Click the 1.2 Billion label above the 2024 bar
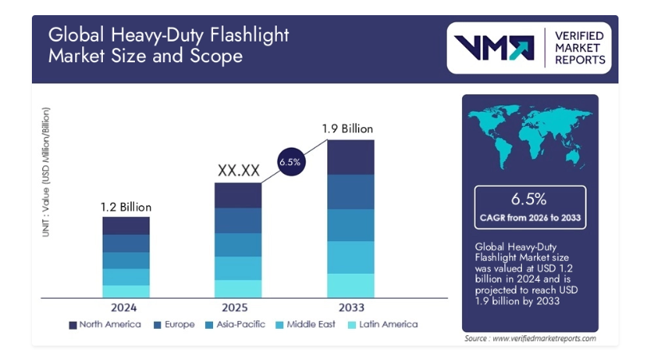pyautogui.click(x=125, y=208)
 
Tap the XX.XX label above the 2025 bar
pyautogui.click(x=238, y=171)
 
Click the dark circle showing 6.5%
pyautogui.click(x=289, y=162)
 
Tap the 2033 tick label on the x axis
pyautogui.click(x=351, y=307)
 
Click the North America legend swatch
pyautogui.click(x=73, y=325)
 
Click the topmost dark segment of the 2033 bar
pyautogui.click(x=351, y=157)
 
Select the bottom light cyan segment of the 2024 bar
pyautogui.click(x=126, y=291)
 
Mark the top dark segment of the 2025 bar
pyautogui.click(x=238, y=196)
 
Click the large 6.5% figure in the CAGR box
pyautogui.click(x=530, y=199)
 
